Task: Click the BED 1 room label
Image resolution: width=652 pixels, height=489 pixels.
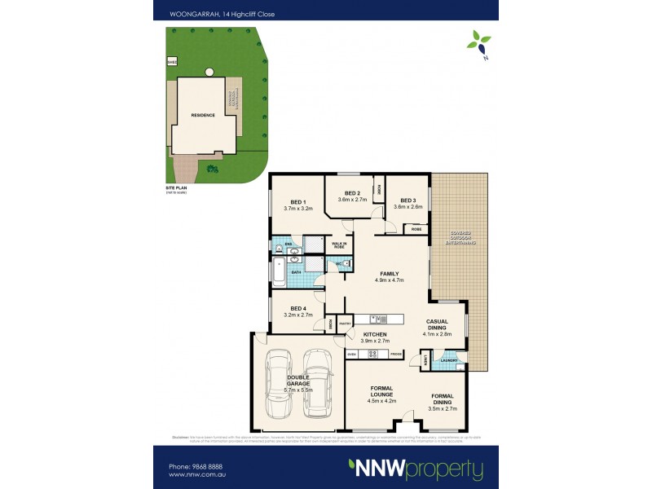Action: click(298, 202)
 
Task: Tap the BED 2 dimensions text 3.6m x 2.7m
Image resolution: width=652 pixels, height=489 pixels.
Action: click(352, 199)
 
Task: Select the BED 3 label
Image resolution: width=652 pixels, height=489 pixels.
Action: click(407, 200)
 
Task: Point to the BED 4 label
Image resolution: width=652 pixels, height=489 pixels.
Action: click(298, 308)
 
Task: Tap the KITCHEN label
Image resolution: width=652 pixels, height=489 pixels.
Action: click(375, 335)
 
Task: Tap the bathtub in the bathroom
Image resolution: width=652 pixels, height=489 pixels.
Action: click(278, 271)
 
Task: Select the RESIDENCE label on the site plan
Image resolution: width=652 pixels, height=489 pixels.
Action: click(203, 115)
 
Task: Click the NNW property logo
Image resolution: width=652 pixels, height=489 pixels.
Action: click(416, 469)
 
